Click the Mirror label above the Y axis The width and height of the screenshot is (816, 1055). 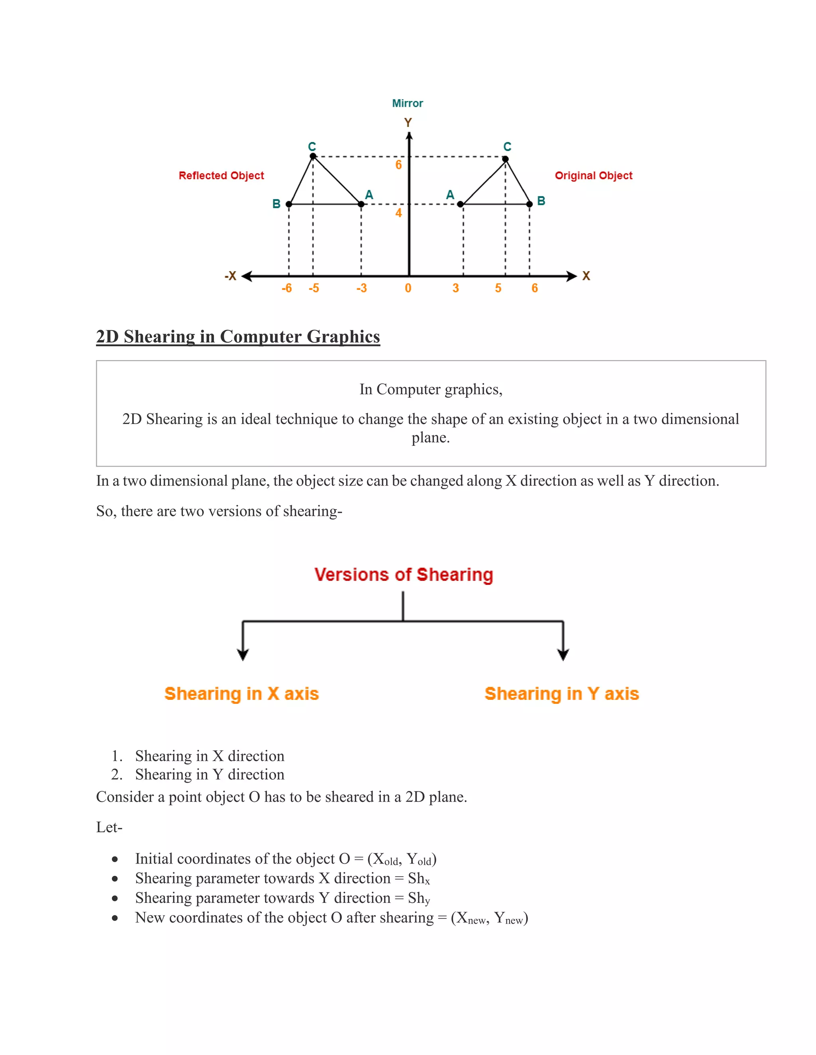point(407,104)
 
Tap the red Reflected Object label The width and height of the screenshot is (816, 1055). point(222,175)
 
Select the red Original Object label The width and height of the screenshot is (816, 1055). point(593,175)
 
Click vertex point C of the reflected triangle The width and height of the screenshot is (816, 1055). point(313,156)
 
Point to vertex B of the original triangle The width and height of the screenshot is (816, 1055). point(530,204)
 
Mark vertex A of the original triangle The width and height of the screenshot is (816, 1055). point(460,204)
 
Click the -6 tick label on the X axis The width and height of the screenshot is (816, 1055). point(286,288)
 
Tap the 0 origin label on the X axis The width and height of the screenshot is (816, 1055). point(408,288)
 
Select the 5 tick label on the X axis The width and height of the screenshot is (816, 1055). point(498,288)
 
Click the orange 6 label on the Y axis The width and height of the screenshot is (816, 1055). point(398,165)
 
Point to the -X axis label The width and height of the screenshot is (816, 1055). point(231,276)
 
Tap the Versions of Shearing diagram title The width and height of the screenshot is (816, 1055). point(404,574)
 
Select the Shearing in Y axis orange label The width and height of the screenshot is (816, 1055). point(562,694)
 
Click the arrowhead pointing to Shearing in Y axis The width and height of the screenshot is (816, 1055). point(563,654)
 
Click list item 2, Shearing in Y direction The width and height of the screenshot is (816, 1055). point(209,774)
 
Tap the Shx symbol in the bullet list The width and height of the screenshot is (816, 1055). point(419,879)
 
